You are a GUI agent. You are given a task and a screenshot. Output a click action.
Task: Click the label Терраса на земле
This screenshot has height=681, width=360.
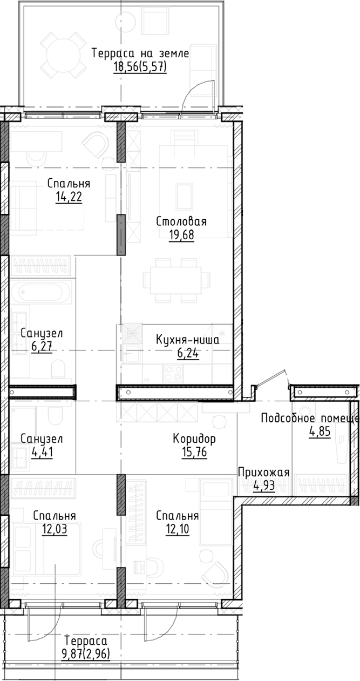(140, 53)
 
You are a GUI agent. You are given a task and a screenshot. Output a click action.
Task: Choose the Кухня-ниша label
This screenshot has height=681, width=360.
(187, 340)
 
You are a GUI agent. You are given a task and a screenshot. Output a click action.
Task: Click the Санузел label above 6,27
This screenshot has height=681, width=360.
(42, 333)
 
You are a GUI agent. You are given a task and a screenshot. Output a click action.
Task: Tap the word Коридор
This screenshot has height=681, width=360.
(194, 438)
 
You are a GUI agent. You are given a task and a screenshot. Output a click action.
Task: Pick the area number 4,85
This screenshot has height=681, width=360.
(321, 432)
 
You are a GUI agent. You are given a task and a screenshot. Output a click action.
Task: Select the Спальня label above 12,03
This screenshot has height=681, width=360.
(53, 516)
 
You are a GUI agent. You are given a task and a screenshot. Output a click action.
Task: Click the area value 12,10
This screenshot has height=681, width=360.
(178, 529)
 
